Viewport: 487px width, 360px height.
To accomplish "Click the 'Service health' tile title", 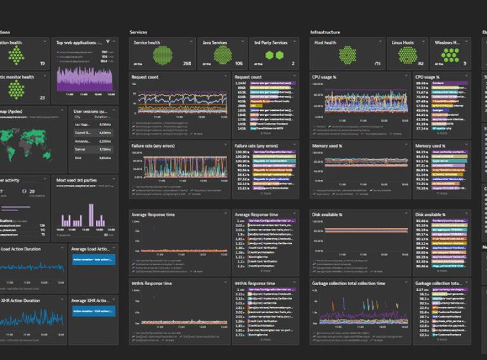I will pyautogui.click(x=147, y=43).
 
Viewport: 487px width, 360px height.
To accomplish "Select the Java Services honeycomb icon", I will pyautogui.click(x=223, y=55).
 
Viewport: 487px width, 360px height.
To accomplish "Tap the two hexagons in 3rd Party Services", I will pyautogui.click(x=274, y=56).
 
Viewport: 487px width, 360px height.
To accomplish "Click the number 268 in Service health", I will pyautogui.click(x=187, y=63).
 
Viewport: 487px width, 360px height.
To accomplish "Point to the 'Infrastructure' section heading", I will pyautogui.click(x=325, y=32).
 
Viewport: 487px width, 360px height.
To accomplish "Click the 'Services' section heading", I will pyautogui.click(x=138, y=32).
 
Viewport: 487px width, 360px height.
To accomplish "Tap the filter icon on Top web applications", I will pyautogui.click(x=107, y=42).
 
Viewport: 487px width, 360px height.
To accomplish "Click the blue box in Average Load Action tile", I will pyautogui.click(x=93, y=260).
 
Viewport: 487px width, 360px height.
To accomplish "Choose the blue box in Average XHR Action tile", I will pyautogui.click(x=93, y=311).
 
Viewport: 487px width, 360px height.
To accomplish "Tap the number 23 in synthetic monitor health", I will pyautogui.click(x=42, y=98).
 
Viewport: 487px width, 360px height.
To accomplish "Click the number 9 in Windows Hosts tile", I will pyautogui.click(x=464, y=63).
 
